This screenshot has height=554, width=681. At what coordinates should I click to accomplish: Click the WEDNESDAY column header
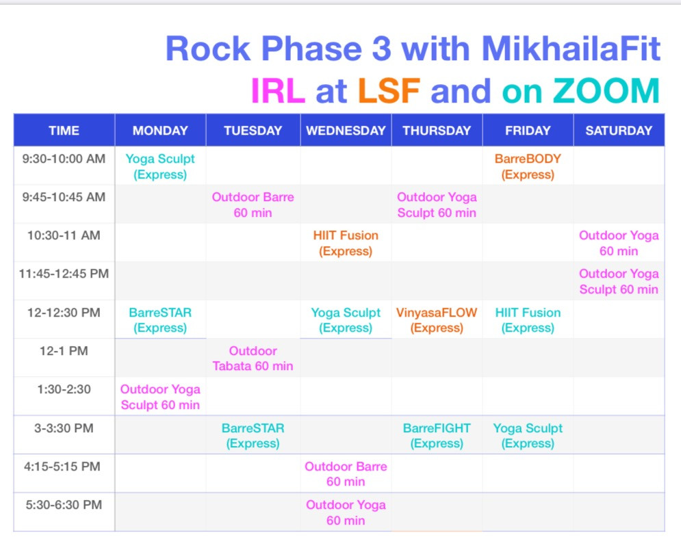click(x=346, y=130)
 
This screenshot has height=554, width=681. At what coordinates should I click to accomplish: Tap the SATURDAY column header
click(x=619, y=130)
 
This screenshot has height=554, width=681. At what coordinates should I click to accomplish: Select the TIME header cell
click(x=64, y=130)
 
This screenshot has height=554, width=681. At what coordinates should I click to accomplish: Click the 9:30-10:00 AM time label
click(x=64, y=159)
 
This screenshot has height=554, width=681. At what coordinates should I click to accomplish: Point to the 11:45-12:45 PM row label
click(x=64, y=274)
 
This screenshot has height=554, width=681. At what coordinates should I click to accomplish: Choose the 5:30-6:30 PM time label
click(x=64, y=505)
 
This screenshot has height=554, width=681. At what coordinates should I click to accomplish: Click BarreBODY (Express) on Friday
click(x=528, y=166)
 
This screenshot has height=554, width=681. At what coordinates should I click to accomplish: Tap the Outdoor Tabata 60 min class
click(x=253, y=358)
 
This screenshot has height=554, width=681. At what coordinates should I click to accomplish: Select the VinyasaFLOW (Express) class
click(x=437, y=320)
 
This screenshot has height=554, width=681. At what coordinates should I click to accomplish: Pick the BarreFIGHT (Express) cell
click(x=437, y=436)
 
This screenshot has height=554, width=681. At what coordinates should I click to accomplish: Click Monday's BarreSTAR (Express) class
click(x=160, y=320)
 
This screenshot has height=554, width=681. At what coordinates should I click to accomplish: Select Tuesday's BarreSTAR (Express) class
click(x=253, y=436)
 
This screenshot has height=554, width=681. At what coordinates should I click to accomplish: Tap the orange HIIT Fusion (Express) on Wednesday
click(x=346, y=243)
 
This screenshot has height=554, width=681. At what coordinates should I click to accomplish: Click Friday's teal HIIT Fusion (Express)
click(x=528, y=320)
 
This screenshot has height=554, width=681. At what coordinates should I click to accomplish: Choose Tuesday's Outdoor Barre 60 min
click(x=253, y=205)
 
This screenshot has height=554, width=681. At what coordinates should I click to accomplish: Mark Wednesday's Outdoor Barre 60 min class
click(x=346, y=474)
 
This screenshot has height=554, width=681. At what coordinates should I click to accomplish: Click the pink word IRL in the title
click(x=278, y=91)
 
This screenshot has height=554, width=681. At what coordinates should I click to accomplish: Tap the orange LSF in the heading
click(x=389, y=91)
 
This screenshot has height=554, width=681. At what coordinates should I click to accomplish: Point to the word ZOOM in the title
click(x=606, y=91)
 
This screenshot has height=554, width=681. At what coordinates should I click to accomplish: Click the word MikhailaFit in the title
click(x=571, y=48)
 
